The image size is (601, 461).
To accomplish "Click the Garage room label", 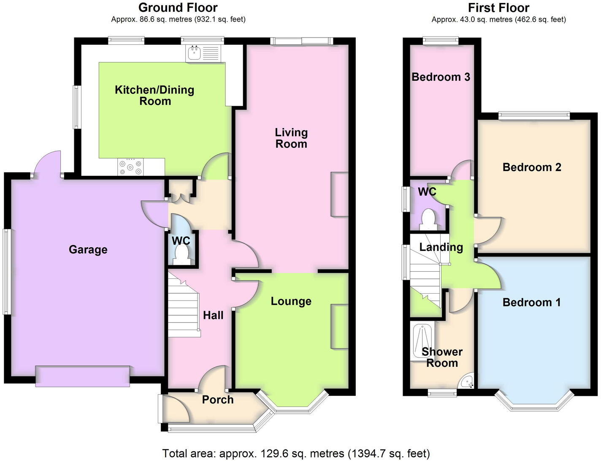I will (88, 250).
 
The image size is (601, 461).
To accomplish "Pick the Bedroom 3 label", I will (441, 77).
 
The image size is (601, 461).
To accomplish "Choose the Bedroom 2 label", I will (532, 167).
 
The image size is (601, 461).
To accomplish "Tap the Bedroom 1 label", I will (531, 303).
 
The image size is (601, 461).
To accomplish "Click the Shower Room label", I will (442, 357).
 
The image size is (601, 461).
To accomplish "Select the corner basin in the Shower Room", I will (468, 382).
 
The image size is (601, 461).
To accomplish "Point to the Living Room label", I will (291, 138).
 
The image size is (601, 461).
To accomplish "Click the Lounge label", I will (291, 301).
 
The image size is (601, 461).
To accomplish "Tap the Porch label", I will (218, 400).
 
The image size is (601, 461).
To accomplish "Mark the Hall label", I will (213, 315).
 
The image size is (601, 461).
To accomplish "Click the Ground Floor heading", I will (178, 8).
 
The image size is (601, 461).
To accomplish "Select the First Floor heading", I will (498, 8).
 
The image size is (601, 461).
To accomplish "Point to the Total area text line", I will (296, 454).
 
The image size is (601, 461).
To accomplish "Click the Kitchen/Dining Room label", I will (154, 95).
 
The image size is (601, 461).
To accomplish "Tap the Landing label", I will (441, 247).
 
